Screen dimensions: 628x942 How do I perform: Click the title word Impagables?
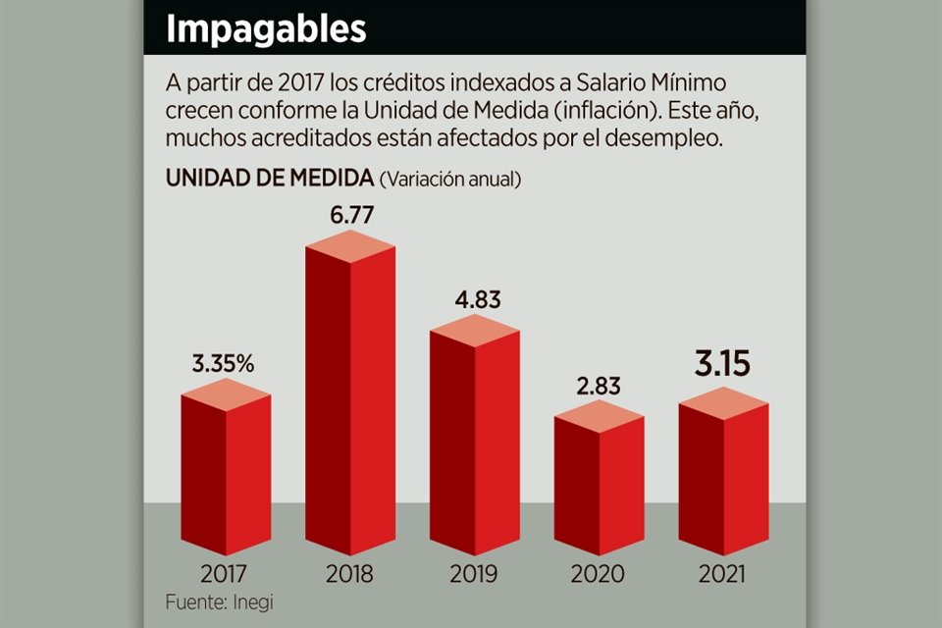tap(265, 28)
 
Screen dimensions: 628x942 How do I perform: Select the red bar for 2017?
tap(226, 471)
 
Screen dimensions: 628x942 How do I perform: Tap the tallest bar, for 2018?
tap(350, 402)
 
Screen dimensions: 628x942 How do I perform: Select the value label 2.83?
tap(599, 386)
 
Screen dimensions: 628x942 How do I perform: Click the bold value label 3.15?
tap(722, 364)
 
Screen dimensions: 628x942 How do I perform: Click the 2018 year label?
tap(350, 574)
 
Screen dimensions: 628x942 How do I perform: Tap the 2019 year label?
tap(475, 574)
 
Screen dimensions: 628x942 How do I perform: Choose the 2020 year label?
tap(599, 574)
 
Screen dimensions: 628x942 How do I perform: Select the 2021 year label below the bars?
tap(722, 574)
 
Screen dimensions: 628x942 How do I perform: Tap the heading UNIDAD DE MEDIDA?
tap(269, 179)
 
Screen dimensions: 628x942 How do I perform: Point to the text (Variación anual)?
tap(449, 180)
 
